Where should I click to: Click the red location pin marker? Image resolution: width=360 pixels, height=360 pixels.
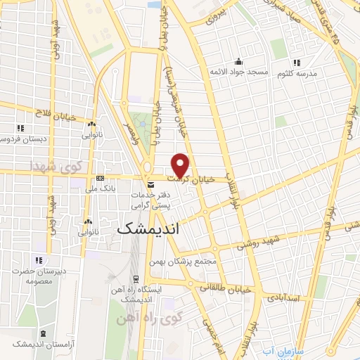click(x=181, y=165)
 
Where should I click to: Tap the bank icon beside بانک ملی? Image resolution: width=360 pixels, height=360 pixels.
click(x=100, y=177)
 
